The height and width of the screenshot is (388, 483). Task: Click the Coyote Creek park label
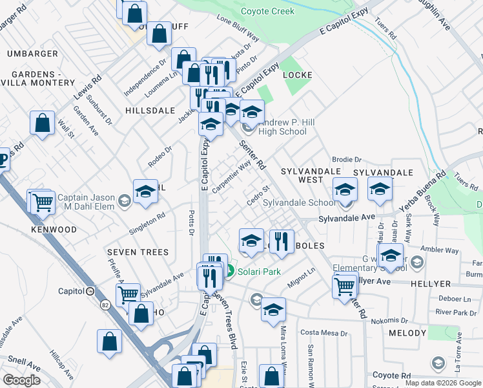tap(267, 12)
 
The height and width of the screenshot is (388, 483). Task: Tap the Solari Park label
tap(258, 272)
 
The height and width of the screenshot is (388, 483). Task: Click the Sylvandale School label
tap(300, 202)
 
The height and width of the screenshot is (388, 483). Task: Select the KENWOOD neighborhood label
tap(54, 230)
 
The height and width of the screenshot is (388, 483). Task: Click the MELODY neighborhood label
tap(408, 333)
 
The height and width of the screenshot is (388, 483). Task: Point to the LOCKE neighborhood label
tap(298, 75)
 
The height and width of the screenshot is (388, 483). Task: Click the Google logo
tap(22, 380)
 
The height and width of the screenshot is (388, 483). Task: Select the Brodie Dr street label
tap(347, 159)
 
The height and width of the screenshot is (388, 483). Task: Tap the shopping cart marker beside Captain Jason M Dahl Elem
tap(43, 202)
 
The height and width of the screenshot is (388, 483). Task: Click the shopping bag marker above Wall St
tap(42, 124)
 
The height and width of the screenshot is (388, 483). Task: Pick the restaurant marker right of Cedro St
tap(281, 242)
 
